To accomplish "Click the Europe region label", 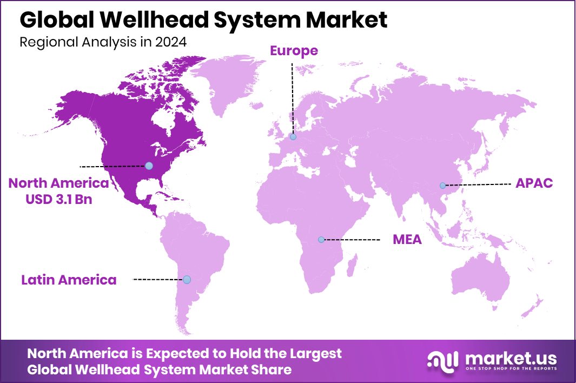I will coord(294,51).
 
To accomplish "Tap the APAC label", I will coord(534,183).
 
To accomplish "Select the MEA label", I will coord(407,239).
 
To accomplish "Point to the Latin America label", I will coord(69,280).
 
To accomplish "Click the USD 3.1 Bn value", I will coord(58,199).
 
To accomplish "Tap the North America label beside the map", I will coord(58,183).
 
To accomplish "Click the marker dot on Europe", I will coord(293,137).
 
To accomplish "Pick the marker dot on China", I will coord(442,186).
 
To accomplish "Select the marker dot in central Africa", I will coord(321,239).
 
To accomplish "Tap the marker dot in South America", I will coord(187,280).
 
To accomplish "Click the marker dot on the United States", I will coord(149,166).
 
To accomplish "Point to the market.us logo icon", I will coord(442,360).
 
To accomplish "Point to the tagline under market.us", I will coord(510,369).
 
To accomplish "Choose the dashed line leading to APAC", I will coord(479,184).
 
